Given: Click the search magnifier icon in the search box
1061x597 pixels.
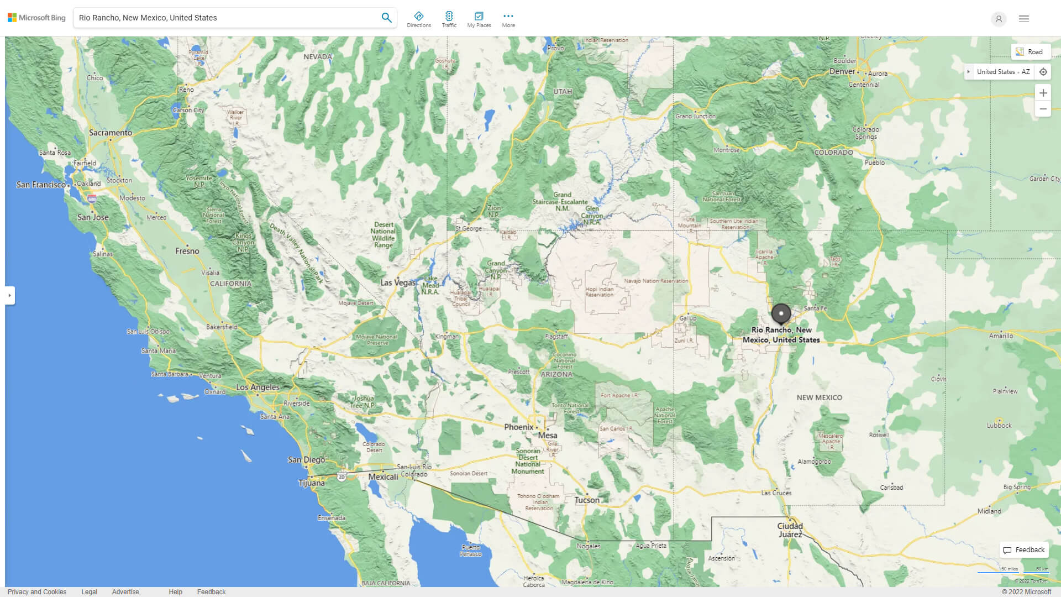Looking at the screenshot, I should (x=386, y=18).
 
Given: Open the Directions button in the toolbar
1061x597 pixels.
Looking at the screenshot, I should (x=419, y=19).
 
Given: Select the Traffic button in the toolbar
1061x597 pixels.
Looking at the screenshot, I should (x=449, y=19).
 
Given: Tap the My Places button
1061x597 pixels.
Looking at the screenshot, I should (x=479, y=19).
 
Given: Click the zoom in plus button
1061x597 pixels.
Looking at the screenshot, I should (x=1043, y=93).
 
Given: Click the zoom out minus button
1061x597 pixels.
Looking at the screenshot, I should (x=1043, y=109).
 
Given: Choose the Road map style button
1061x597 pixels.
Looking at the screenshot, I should (x=1030, y=52).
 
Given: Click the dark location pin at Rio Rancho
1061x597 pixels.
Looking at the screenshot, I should (x=781, y=313).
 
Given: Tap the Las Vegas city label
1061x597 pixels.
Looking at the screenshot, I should (x=398, y=282).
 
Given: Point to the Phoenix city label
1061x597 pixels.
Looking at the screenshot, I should (x=518, y=427).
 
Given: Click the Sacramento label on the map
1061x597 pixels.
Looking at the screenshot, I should (x=111, y=133).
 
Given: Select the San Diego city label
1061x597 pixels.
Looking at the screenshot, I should (x=306, y=460).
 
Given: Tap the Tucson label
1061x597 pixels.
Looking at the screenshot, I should (x=587, y=500).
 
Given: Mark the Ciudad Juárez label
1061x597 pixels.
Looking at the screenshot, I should (x=790, y=530).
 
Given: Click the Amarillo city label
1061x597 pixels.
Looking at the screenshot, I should (x=1001, y=336).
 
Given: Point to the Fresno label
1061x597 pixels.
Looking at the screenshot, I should (x=187, y=251).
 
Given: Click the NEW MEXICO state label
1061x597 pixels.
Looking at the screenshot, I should (x=819, y=397).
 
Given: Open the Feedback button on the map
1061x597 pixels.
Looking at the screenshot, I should (x=1024, y=550).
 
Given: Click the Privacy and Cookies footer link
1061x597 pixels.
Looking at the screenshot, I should (x=36, y=592).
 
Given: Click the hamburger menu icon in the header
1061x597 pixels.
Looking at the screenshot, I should (x=1023, y=19).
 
